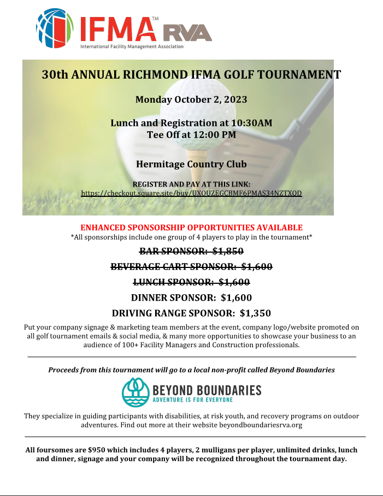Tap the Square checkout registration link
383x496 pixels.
191,193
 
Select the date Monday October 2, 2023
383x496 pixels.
191,100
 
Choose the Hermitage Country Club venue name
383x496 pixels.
191,164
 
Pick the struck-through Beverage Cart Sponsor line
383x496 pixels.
191,267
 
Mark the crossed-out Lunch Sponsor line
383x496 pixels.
191,282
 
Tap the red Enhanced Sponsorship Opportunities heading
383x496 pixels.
191,227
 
